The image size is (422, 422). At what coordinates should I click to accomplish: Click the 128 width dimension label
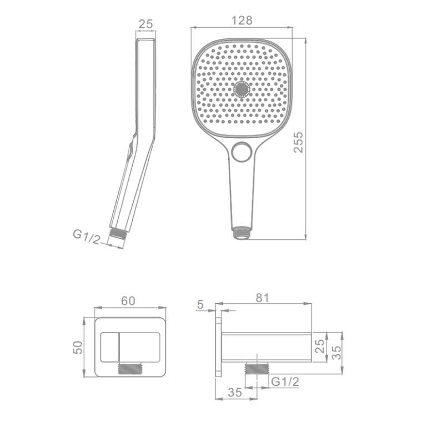pyautogui.click(x=242, y=21)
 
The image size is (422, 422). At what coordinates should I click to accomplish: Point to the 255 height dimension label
pyautogui.click(x=298, y=142)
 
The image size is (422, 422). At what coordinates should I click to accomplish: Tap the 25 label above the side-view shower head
pyautogui.click(x=145, y=24)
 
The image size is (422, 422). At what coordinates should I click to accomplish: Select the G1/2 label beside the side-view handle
pyautogui.click(x=87, y=237)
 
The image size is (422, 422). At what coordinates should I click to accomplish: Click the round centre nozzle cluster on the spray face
pyautogui.click(x=242, y=89)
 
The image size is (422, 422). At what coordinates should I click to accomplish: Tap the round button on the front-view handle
pyautogui.click(x=242, y=152)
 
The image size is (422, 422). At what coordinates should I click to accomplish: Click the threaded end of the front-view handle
pyautogui.click(x=242, y=233)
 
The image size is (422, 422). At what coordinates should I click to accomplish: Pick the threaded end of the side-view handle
pyautogui.click(x=118, y=233)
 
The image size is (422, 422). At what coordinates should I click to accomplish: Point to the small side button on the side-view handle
pyautogui.click(x=130, y=152)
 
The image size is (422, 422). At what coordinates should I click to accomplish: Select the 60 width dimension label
pyautogui.click(x=128, y=301)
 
